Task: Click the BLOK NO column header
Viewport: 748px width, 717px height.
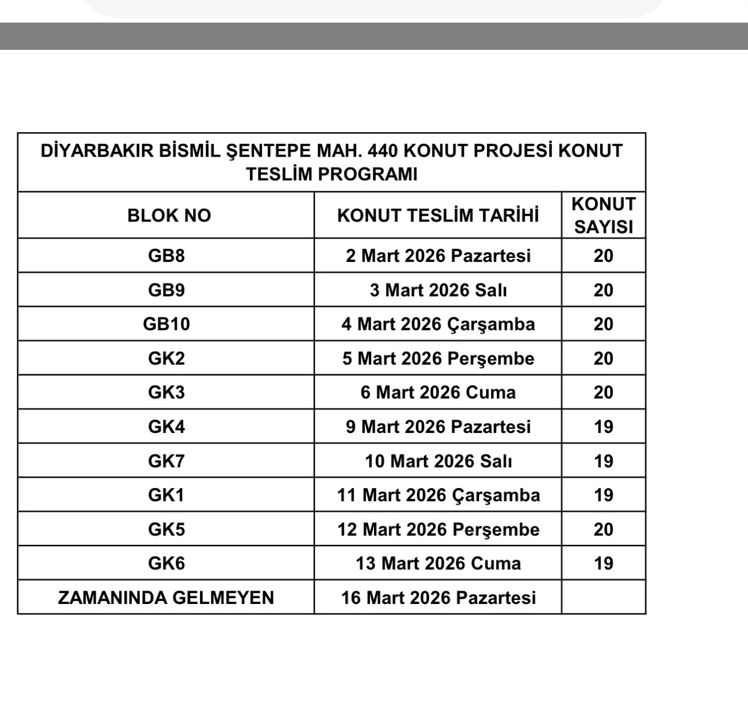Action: [x=169, y=216]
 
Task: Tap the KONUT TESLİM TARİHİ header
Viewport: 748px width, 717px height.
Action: [x=438, y=216]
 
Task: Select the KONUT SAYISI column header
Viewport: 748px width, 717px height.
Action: [x=603, y=215]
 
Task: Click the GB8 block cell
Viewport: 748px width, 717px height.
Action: [x=166, y=256]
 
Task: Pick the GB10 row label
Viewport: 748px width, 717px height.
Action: [x=166, y=323]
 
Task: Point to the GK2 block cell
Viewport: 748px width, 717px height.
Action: [x=166, y=358]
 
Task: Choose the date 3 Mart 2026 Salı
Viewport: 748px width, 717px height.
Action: [x=438, y=290]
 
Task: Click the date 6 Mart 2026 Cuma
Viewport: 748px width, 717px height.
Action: [x=438, y=392]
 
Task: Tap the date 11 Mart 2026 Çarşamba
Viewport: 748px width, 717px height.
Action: [x=438, y=495]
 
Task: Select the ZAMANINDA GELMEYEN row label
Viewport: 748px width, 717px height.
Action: [x=166, y=598]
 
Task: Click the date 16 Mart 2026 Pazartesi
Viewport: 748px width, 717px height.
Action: [x=438, y=598]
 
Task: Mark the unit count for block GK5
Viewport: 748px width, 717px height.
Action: [x=603, y=529]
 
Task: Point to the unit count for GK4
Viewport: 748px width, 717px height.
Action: [x=603, y=427]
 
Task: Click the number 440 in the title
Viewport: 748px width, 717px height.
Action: [x=383, y=151]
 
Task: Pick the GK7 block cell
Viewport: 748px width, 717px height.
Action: [x=166, y=461]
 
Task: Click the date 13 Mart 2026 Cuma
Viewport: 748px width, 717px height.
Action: [x=438, y=563]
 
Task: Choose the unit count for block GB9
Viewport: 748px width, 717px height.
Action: [x=603, y=290]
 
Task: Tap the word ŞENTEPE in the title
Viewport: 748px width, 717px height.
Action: [x=267, y=151]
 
